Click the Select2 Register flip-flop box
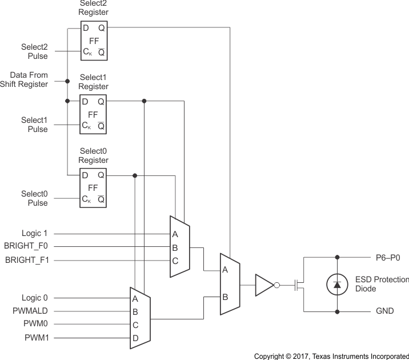coord(93,41)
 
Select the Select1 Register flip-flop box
coord(93,114)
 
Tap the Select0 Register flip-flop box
coord(93,188)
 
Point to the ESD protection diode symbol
coord(337,284)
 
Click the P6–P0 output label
coord(388,257)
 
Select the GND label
coord(384,312)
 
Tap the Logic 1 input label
coord(35,233)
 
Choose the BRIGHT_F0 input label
coord(26,247)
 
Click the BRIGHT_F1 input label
coord(26,261)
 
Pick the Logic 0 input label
coord(35,298)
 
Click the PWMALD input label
coord(30,311)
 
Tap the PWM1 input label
coord(37,338)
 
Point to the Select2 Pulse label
coord(35,51)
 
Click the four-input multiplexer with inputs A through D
coord(140,318)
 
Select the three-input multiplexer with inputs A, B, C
coord(179,247)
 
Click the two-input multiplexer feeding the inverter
coord(230,284)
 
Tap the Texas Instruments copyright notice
coord(331,355)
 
